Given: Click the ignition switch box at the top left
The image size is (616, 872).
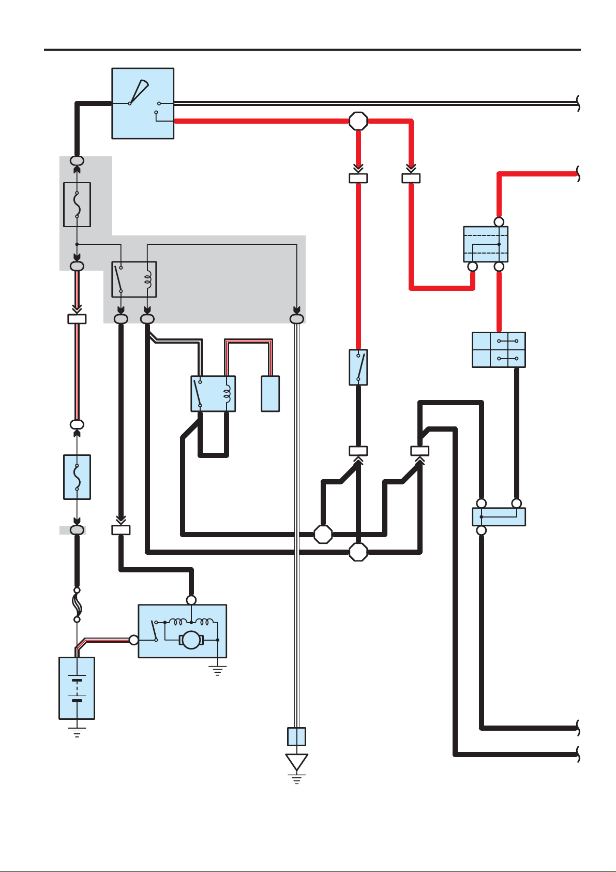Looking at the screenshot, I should pyautogui.click(x=143, y=104).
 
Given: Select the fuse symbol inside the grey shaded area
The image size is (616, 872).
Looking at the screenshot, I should pyautogui.click(x=77, y=204).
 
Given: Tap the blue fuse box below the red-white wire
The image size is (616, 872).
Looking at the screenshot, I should pyautogui.click(x=77, y=477).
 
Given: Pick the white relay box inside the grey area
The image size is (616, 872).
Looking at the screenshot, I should pyautogui.click(x=134, y=279).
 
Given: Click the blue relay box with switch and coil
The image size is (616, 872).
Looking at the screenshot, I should pyautogui.click(x=213, y=394).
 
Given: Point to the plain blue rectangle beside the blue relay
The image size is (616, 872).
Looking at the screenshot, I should pyautogui.click(x=270, y=394).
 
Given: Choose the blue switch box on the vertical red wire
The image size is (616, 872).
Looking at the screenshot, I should pyautogui.click(x=358, y=367).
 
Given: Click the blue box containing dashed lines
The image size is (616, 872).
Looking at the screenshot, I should pyautogui.click(x=485, y=244).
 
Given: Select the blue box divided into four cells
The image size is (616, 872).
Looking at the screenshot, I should pyautogui.click(x=499, y=350).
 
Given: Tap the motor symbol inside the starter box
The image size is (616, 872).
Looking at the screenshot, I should pyautogui.click(x=191, y=641).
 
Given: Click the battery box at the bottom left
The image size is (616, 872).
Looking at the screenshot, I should pyautogui.click(x=77, y=688).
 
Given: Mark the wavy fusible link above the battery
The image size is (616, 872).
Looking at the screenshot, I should pyautogui.click(x=77, y=604).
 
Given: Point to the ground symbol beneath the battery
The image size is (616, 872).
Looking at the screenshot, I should pyautogui.click(x=77, y=731).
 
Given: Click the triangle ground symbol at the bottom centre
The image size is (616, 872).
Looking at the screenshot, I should pyautogui.click(x=296, y=762).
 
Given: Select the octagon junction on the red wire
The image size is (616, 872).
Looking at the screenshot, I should pyautogui.click(x=358, y=121).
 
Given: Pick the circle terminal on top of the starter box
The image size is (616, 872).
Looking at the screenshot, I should pyautogui.click(x=191, y=600).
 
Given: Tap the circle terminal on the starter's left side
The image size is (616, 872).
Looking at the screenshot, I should pyautogui.click(x=133, y=640).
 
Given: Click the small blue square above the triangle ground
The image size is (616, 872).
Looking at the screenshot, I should pyautogui.click(x=296, y=736).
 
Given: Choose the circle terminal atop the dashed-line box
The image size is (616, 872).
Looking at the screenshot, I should pyautogui.click(x=499, y=222).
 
